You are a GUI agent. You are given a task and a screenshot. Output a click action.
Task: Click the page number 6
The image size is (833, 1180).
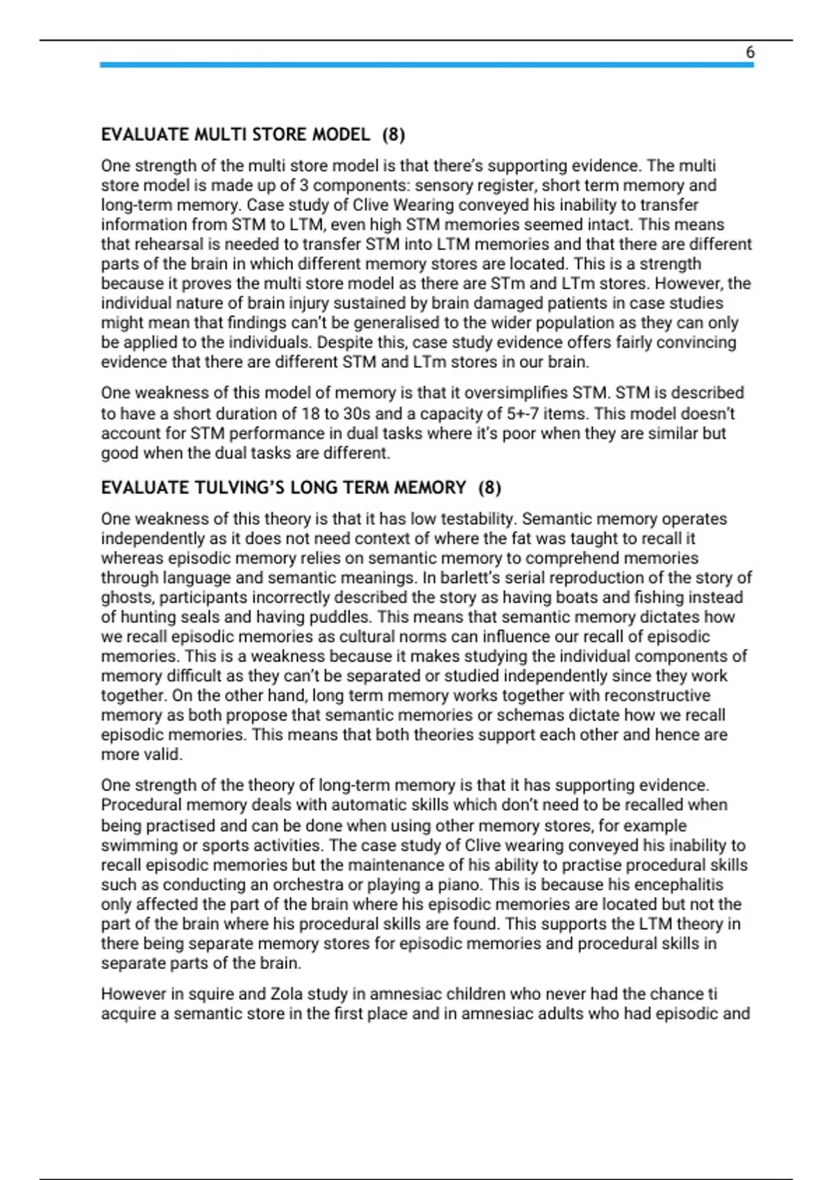[750, 52]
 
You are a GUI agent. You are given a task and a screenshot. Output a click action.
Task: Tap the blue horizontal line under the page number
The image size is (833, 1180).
[426, 65]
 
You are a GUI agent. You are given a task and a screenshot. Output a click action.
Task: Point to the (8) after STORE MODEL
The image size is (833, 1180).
[394, 135]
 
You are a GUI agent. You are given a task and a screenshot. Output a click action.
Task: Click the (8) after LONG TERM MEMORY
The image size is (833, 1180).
[489, 488]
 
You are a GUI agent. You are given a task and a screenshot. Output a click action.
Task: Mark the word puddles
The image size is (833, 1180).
[334, 617]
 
